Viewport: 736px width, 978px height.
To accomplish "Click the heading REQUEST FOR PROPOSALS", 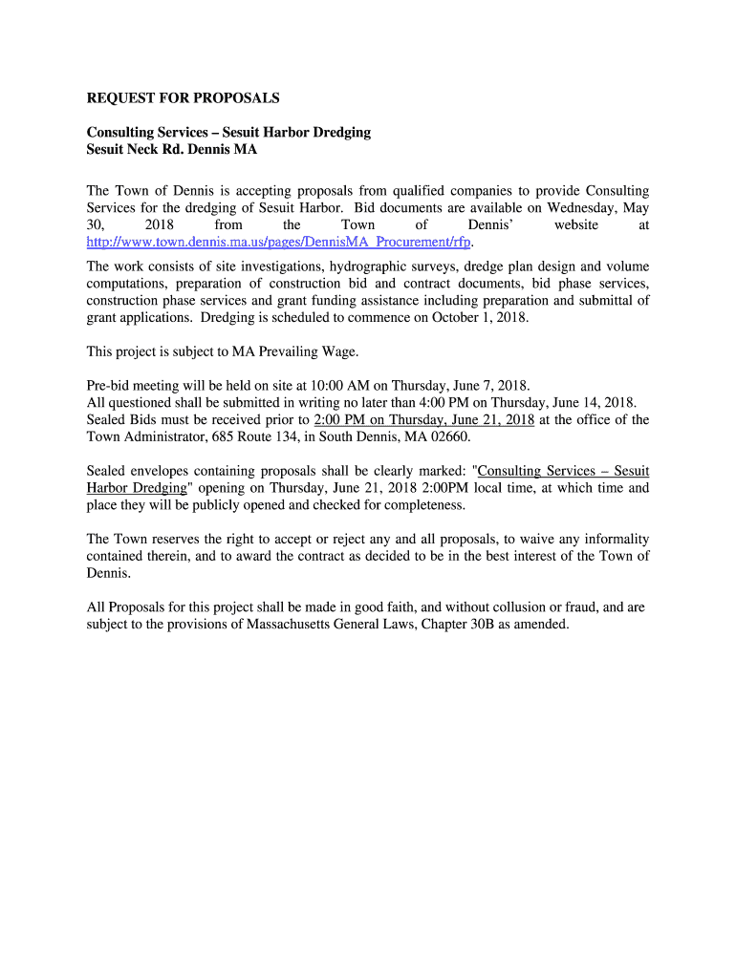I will (x=183, y=98).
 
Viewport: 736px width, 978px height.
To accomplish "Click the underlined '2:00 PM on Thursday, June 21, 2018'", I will (x=423, y=419).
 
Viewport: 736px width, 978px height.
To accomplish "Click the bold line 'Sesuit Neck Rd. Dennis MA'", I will (x=172, y=150).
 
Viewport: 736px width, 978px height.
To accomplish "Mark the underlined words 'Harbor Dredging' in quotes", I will (x=136, y=487).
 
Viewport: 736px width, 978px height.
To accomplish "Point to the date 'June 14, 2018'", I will (x=596, y=402).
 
